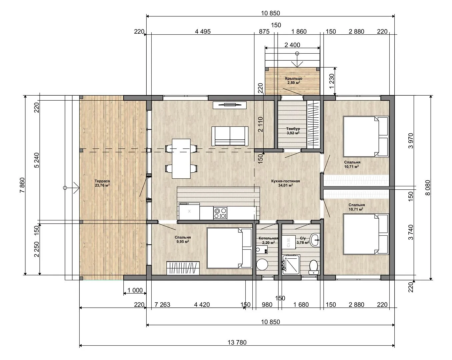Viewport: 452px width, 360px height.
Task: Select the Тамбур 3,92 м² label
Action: tap(293, 131)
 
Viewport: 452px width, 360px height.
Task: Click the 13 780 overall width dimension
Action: tap(237, 342)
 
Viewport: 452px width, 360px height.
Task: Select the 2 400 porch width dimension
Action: tap(292, 45)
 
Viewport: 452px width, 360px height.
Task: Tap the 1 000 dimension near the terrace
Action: tap(135, 290)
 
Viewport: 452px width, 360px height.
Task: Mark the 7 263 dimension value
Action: tap(162, 304)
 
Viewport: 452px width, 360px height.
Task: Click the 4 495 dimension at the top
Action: tap(203, 31)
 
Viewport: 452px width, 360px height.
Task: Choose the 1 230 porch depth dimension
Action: tap(332, 81)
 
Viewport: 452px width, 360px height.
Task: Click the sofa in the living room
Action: tap(230, 136)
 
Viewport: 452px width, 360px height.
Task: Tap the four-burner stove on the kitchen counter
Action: tap(220, 213)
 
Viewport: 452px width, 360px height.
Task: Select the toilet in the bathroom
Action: tap(314, 267)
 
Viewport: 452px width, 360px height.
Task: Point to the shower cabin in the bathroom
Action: tap(291, 264)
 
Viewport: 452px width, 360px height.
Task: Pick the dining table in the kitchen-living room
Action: tap(181, 159)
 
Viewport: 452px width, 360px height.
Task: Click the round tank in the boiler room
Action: tap(262, 264)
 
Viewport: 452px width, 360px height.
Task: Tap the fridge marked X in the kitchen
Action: tap(189, 211)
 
